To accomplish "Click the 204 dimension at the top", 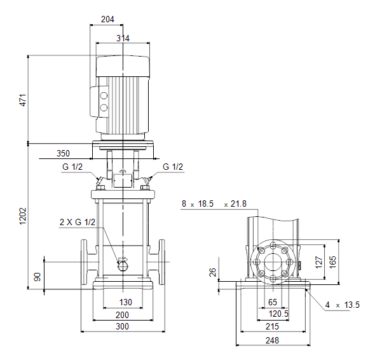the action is click(x=107, y=19).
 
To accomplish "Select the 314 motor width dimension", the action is click(x=123, y=38).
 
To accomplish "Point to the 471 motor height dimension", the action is click(x=23, y=100).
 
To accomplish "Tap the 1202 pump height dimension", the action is click(x=23, y=216).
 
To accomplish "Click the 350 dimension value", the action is click(x=63, y=153).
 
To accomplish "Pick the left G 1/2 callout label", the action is click(x=72, y=167).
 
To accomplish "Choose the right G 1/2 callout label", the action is click(x=173, y=167).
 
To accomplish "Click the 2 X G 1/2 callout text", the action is click(x=78, y=222).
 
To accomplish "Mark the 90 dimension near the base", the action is click(x=37, y=277).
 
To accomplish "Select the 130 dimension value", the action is click(x=126, y=302).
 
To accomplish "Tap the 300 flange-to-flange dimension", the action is click(x=122, y=326).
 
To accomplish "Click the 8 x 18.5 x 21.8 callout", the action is click(x=214, y=204).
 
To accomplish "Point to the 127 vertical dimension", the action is click(x=318, y=262).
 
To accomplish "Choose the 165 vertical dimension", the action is click(x=333, y=262).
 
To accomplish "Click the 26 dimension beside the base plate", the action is click(x=213, y=272).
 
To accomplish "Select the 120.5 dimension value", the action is click(x=278, y=314).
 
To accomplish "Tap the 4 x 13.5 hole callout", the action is click(x=342, y=305).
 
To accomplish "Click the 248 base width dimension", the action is click(x=272, y=340).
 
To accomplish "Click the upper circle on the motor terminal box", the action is click(x=104, y=96).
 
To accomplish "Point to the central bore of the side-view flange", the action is click(x=273, y=262).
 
